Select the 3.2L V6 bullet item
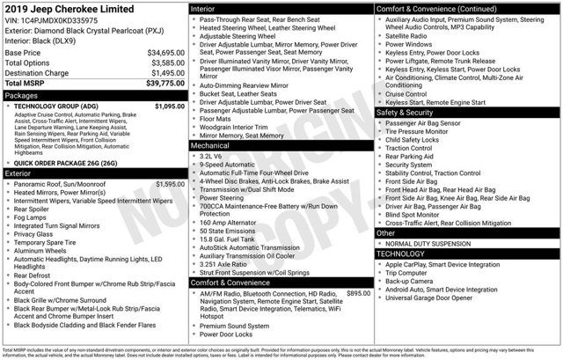coord(215,155)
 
